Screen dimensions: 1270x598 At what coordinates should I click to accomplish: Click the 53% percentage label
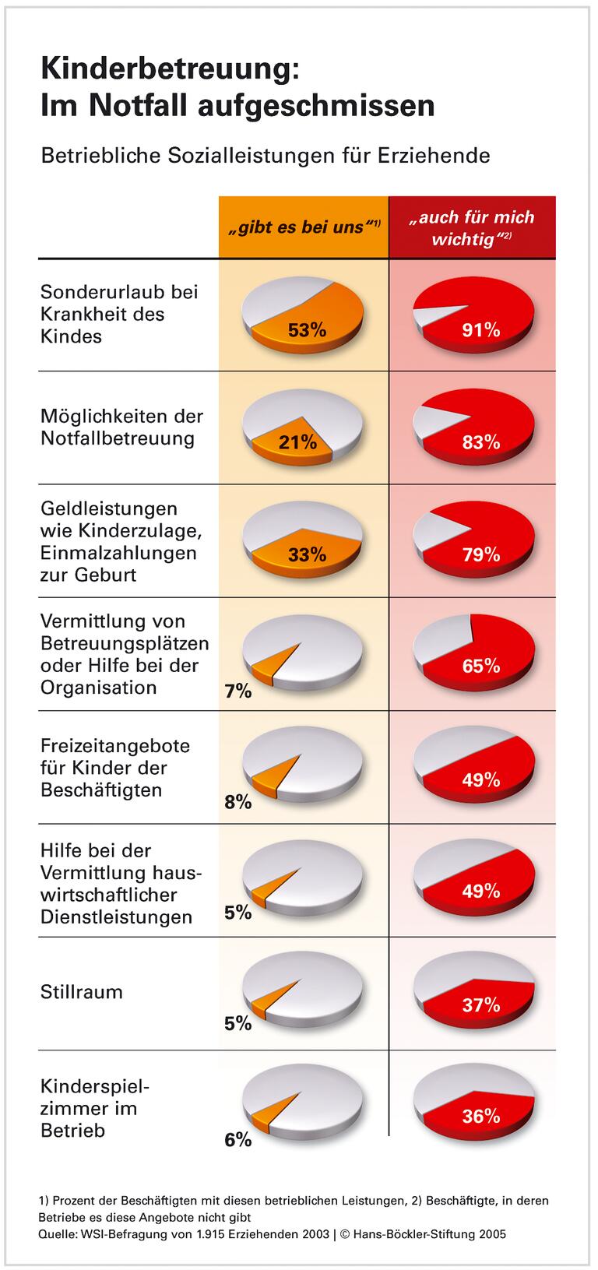[x=306, y=330]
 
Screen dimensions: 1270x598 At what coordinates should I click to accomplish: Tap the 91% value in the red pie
[x=480, y=330]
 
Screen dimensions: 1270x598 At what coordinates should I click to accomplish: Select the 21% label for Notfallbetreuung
[x=297, y=442]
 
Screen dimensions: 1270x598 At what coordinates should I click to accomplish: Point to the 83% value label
[x=480, y=442]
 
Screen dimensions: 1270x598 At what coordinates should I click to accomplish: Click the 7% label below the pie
[x=237, y=691]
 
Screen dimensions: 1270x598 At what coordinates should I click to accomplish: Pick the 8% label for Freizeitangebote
[x=237, y=802]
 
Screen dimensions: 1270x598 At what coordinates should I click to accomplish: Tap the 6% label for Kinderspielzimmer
[x=237, y=1140]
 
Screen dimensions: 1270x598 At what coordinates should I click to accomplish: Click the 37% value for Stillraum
[x=480, y=1004]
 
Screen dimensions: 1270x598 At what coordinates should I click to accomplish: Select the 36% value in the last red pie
[x=480, y=1116]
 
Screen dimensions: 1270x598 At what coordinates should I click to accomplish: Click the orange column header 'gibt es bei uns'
[x=303, y=227]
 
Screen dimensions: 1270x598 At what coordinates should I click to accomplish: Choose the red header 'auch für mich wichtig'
[x=472, y=227]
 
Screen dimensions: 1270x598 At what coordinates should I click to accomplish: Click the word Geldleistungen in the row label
[x=109, y=508]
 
